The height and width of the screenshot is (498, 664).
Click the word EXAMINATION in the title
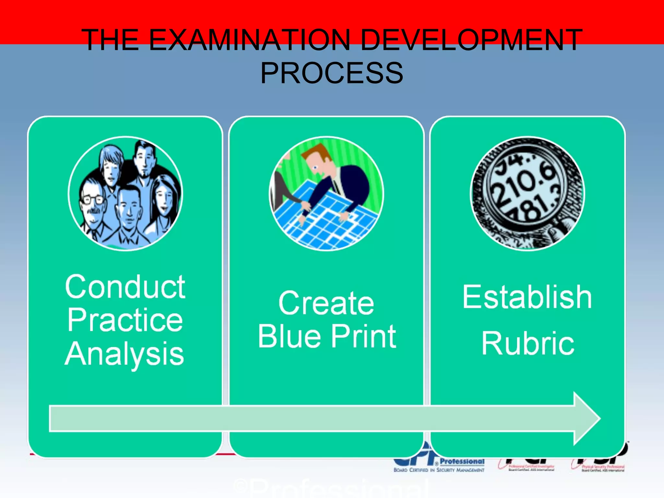[249, 40]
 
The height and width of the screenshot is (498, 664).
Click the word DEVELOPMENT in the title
[471, 40]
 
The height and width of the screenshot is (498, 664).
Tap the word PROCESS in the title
[332, 73]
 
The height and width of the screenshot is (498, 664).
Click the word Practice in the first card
[125, 320]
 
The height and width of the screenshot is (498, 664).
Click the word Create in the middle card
[326, 303]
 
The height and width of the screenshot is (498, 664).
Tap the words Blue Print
[327, 337]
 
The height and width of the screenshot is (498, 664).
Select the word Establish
[527, 297]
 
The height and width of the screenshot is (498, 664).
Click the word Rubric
[528, 344]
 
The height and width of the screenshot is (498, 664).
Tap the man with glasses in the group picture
[93, 204]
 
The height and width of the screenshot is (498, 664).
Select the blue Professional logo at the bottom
[462, 461]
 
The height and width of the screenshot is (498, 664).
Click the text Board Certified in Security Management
[439, 470]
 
